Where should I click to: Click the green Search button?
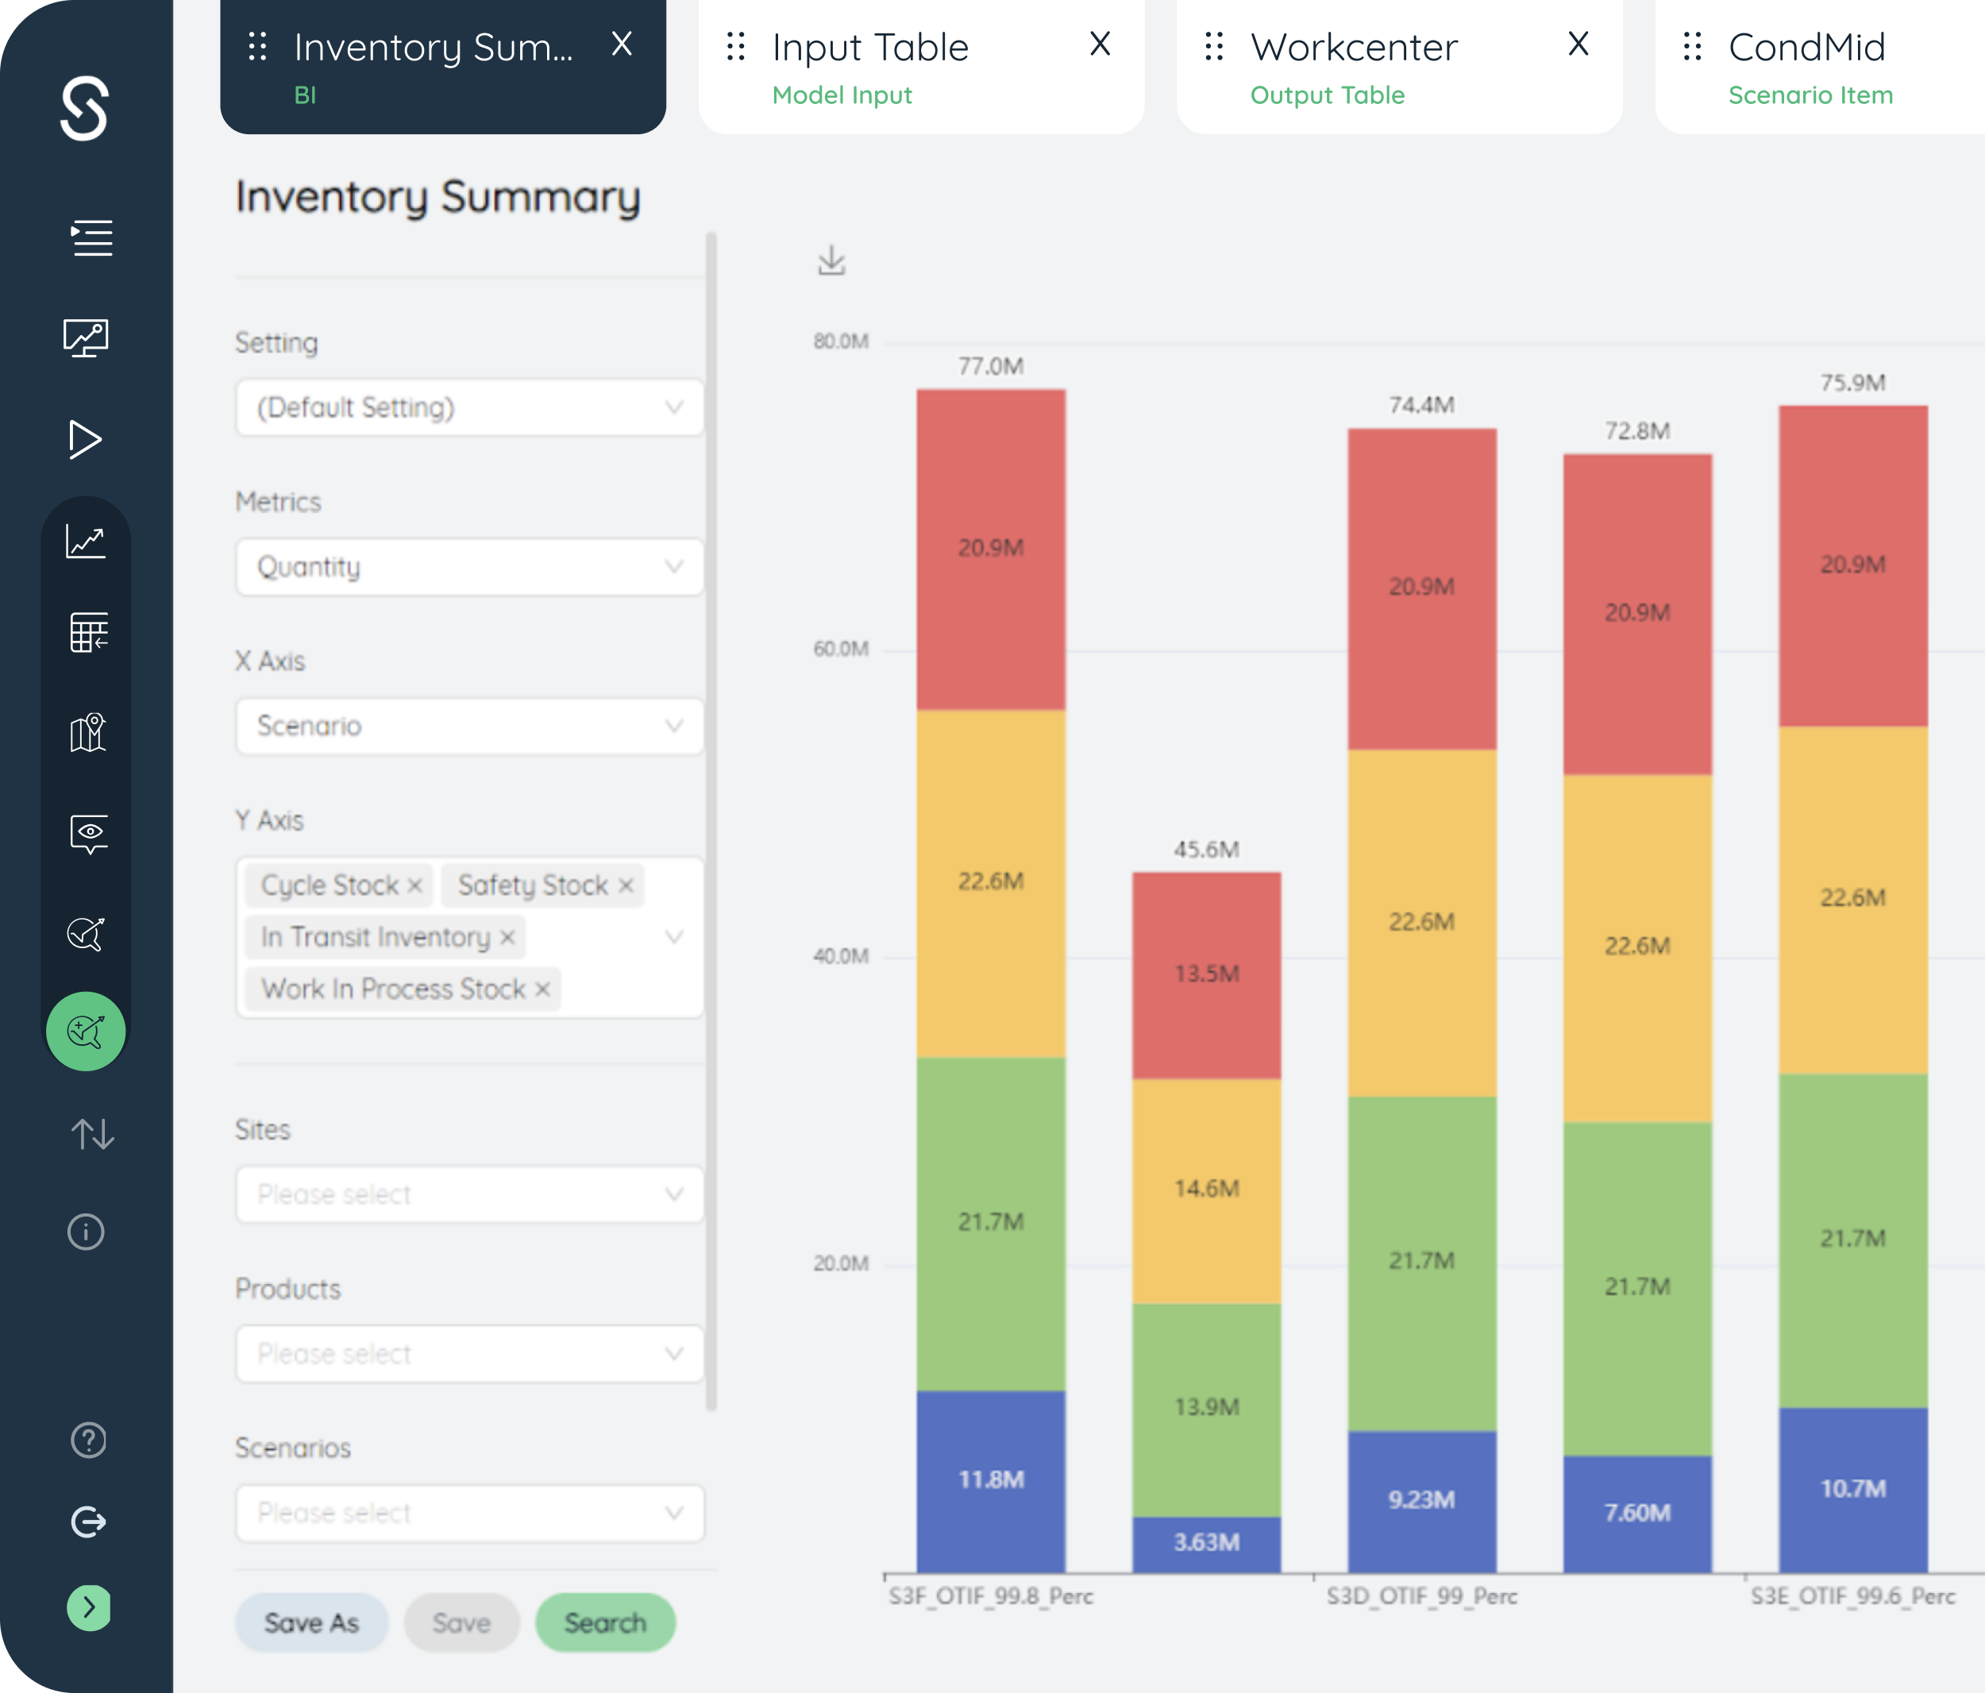[604, 1622]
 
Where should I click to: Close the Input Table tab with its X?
[1100, 44]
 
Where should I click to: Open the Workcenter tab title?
[1354, 47]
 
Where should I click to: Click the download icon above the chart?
[831, 260]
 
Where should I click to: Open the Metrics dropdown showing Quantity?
[469, 566]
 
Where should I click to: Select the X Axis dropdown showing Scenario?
[469, 725]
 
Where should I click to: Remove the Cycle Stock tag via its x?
[414, 885]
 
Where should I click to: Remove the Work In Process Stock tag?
[542, 989]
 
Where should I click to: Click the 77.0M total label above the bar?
[991, 366]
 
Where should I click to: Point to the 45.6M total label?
[1206, 849]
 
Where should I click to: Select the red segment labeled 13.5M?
[1206, 975]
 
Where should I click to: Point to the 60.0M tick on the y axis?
[840, 649]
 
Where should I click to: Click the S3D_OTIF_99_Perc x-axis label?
[1422, 1596]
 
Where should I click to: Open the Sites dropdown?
[469, 1194]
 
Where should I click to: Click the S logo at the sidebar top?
[84, 108]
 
